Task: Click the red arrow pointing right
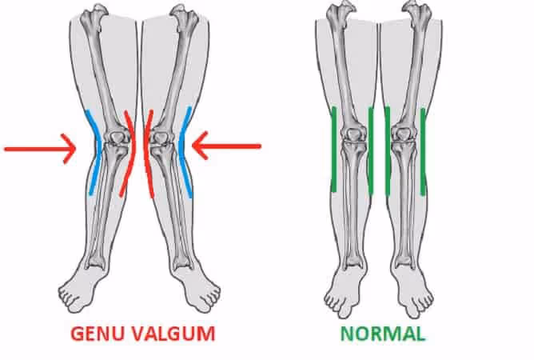coord(40,148)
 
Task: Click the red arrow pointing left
coord(228,146)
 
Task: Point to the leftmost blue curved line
coord(94,152)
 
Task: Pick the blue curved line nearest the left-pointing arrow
coord(185,152)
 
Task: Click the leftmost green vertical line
coord(333,150)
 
